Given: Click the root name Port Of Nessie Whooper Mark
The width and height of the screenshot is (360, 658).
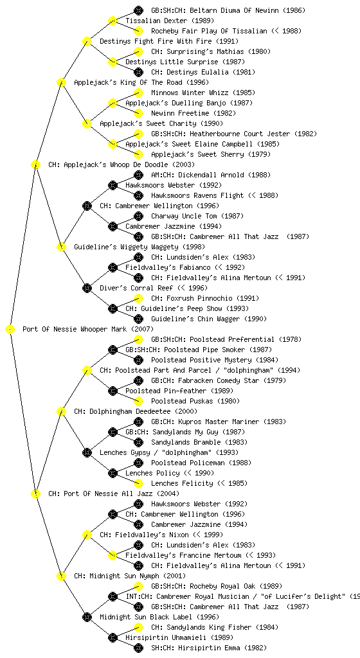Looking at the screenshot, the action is [x=75, y=330].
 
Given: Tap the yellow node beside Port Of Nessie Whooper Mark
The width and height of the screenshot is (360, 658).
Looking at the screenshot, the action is [x=10, y=330].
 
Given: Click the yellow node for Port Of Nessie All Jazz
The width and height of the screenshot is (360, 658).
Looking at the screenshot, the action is [x=35, y=494].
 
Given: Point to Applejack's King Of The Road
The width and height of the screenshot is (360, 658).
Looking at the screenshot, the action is [x=129, y=83].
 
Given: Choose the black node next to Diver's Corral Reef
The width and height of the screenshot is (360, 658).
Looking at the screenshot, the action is [x=87, y=289].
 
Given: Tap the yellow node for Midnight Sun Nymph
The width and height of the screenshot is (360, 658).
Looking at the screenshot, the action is [x=61, y=576].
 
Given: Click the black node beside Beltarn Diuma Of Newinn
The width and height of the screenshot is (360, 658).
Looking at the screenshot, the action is [x=138, y=10].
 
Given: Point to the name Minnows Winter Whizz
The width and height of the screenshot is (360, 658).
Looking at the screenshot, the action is [x=190, y=93].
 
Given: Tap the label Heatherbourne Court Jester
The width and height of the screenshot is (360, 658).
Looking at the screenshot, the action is [x=240, y=134].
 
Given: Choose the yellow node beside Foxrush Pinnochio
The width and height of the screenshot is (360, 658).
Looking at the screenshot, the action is [x=138, y=298].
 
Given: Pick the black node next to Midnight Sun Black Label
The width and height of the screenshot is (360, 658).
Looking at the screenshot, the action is [x=87, y=618].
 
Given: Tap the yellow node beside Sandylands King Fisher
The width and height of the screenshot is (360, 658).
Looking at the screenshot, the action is [x=138, y=627].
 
